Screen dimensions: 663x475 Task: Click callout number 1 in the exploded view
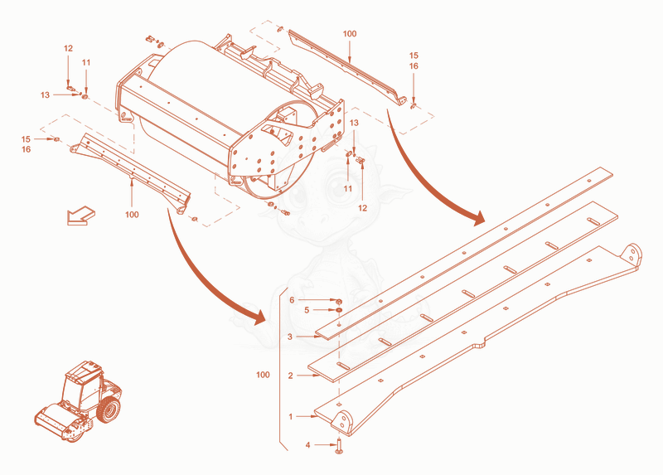[291, 417]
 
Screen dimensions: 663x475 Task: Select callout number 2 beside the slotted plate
[291, 376]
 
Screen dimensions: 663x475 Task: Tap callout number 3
[290, 337]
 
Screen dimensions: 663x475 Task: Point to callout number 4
[307, 445]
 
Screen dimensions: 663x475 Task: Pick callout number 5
[307, 311]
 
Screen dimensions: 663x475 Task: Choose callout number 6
[292, 300]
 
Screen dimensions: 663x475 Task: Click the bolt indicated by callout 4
[339, 447]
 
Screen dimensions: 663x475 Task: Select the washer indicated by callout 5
[339, 311]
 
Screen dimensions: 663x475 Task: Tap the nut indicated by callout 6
[339, 302]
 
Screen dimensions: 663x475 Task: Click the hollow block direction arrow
[80, 216]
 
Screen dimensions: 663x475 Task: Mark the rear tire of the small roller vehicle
[109, 410]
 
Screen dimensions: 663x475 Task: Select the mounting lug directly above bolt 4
[341, 422]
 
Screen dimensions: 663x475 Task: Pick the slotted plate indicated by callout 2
[462, 288]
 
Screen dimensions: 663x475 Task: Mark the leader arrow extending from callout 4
[326, 445]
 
